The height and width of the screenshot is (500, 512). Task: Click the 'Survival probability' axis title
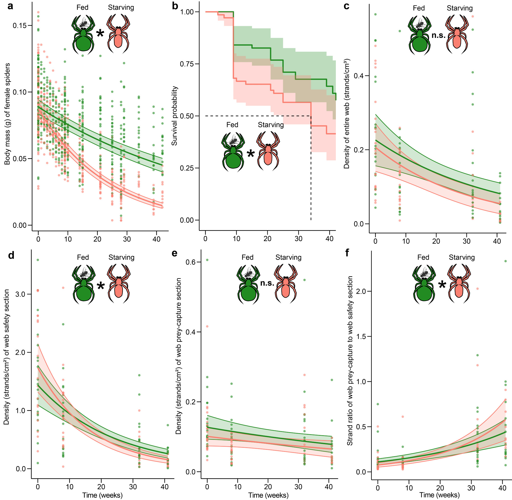pyautogui.click(x=175, y=116)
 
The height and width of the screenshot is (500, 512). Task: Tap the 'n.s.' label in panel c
pyautogui.click(x=438, y=35)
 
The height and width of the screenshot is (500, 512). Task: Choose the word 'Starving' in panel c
pyautogui.click(x=460, y=8)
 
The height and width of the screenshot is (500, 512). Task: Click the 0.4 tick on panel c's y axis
pyautogui.click(x=359, y=76)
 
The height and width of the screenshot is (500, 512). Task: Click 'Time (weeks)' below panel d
pyautogui.click(x=102, y=495)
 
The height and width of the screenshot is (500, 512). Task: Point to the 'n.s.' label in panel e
pyautogui.click(x=267, y=283)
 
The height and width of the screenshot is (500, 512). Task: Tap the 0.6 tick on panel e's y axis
pyautogui.click(x=191, y=262)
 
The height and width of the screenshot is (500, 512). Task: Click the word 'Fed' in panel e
pyautogui.click(x=247, y=257)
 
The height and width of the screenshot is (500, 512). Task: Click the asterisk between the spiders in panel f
pyautogui.click(x=442, y=285)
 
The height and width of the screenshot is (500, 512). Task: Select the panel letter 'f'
pyautogui.click(x=347, y=253)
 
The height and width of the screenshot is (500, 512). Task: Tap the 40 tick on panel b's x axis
pyautogui.click(x=329, y=238)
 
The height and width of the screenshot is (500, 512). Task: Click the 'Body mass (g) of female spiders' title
pyautogui.click(x=7, y=114)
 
